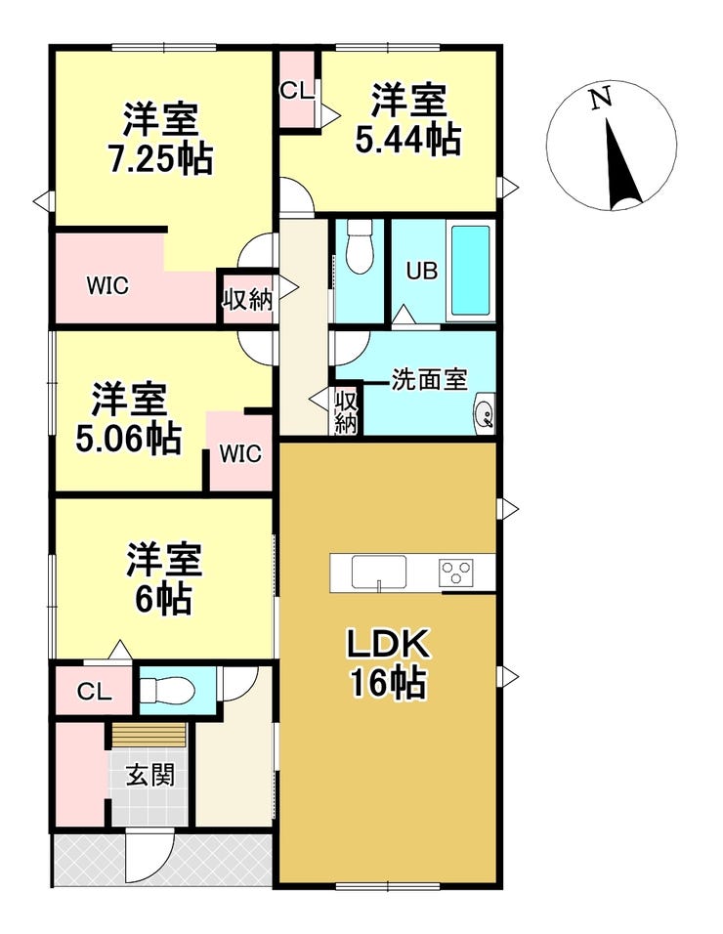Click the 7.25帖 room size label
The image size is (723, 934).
coord(161,158)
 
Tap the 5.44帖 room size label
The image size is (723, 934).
coord(408,140)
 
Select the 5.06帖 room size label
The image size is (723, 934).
coord(129,440)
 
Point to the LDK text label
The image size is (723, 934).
coord(389,645)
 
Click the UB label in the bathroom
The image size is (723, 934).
coord(422,271)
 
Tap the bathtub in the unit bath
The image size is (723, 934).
coord(470,271)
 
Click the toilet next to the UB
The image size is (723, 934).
coord(359,246)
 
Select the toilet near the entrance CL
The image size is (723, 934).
coord(167,691)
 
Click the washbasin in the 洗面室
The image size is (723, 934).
coord(485,414)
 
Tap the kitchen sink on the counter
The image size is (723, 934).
coord(379,573)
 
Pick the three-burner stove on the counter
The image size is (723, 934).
coord(456,573)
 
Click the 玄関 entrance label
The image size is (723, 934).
coord(150,776)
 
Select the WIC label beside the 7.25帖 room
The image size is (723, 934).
coord(107,286)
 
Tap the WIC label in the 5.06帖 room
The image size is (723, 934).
coord(240,454)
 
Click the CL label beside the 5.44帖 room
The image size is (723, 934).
coord(296,91)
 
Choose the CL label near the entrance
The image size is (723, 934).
coord(94,692)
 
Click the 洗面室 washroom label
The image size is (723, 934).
coord(429,379)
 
